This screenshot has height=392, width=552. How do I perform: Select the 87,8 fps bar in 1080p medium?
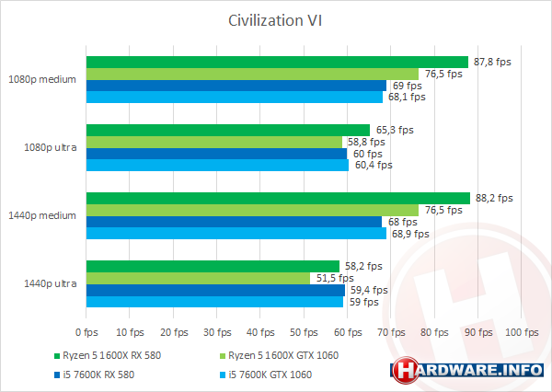pos(276,63)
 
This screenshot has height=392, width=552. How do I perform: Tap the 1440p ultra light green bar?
pos(198,278)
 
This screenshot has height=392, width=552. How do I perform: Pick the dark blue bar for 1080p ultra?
pos(216,154)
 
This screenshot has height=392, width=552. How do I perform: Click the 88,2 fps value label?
pos(495,198)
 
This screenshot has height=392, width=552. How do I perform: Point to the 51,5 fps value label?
pos(334,278)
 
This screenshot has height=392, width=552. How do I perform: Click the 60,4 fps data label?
pos(373,166)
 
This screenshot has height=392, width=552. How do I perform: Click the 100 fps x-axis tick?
pos(522,330)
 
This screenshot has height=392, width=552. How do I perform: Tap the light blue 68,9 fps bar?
pos(236,234)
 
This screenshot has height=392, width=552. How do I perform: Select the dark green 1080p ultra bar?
pos(227,131)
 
